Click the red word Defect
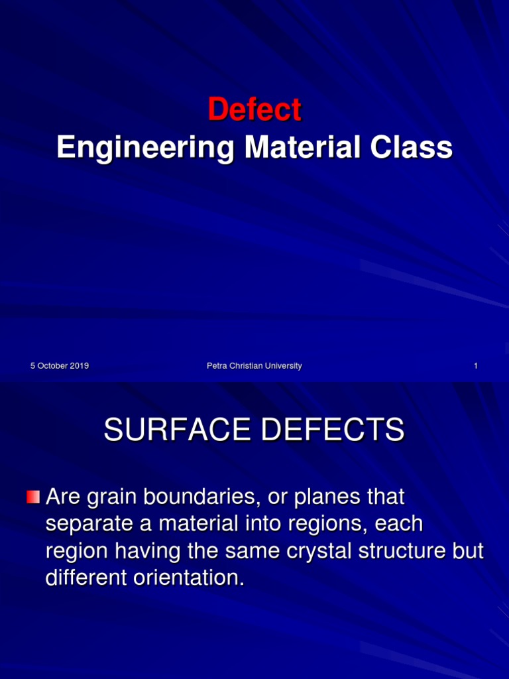254,109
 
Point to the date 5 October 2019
60,366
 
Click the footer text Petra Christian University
254,366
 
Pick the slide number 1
476,366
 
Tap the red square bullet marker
33,497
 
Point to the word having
141,551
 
